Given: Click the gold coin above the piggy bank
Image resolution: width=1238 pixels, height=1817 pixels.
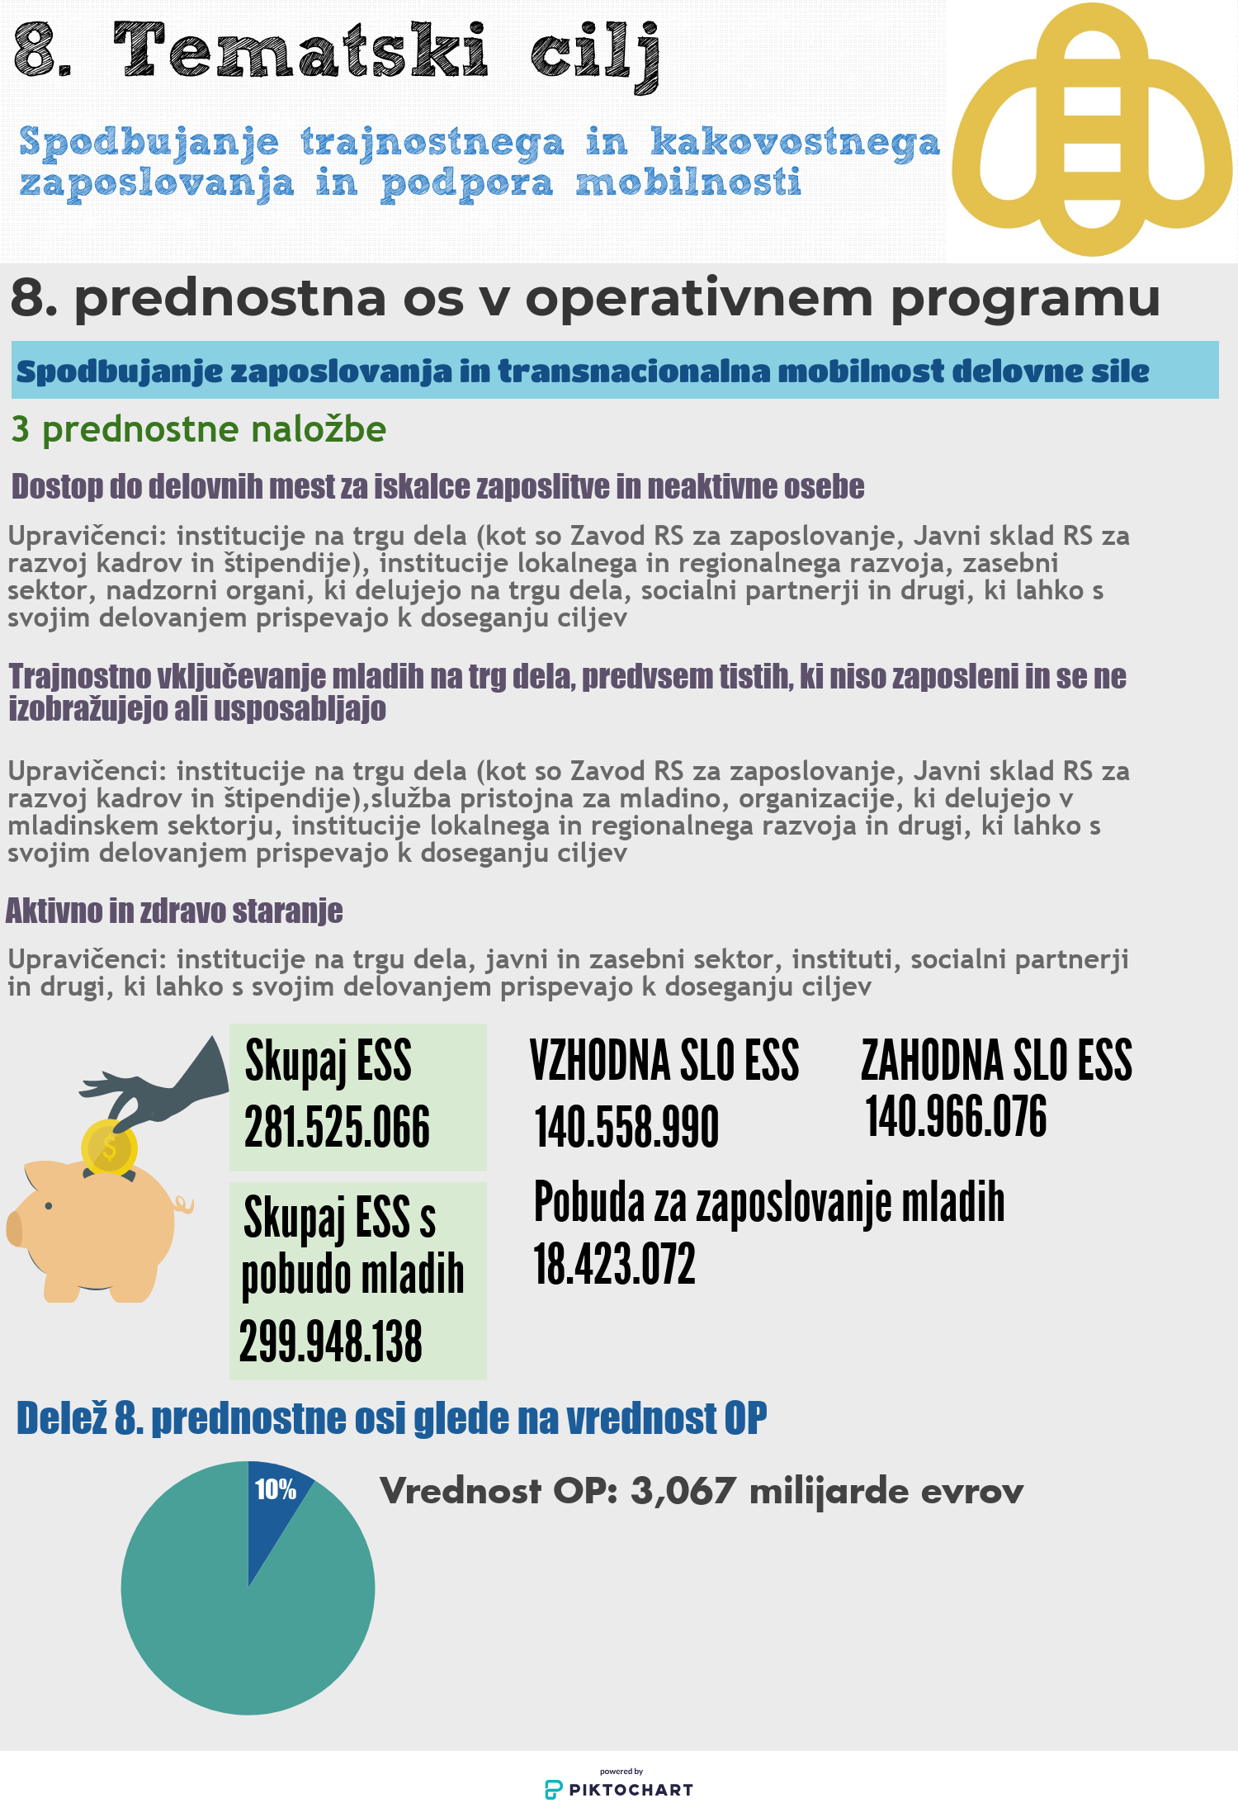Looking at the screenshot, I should tap(108, 1147).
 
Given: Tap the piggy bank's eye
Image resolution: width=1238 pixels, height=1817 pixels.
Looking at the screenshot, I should tap(50, 1206).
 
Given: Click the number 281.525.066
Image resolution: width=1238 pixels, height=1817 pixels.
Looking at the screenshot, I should tap(337, 1127).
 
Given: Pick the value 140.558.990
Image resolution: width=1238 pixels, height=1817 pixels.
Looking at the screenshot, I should tap(626, 1127).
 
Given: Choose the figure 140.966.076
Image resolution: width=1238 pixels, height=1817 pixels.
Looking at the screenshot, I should tap(956, 1116).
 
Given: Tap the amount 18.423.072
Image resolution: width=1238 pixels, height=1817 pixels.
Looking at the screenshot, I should tap(615, 1264).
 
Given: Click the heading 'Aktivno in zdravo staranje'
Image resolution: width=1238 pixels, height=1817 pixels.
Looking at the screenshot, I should tap(174, 911).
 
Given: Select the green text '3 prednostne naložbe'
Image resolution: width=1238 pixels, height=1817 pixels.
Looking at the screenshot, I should tap(199, 429).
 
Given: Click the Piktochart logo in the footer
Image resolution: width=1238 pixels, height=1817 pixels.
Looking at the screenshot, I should tap(619, 1789).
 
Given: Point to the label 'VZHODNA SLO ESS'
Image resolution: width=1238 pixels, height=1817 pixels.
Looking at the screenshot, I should tap(664, 1061).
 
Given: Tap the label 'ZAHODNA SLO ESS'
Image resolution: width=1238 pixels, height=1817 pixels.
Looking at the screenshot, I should tap(996, 1061).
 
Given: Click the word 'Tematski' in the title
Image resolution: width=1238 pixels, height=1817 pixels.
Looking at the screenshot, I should tap(301, 51).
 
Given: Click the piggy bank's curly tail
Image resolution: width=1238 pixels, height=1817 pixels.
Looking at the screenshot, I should tap(184, 1205).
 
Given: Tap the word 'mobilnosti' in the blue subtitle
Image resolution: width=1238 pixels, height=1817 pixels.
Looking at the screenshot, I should tap(688, 182).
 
